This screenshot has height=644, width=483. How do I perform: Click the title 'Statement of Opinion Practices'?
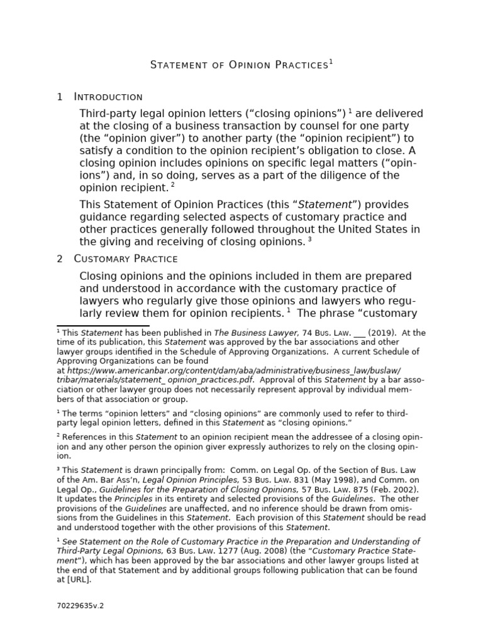coord(239,65)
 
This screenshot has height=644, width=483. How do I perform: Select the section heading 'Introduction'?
coord(108,97)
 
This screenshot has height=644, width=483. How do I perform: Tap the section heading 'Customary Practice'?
coord(126,259)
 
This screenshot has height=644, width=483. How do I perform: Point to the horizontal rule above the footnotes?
coord(94,326)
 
